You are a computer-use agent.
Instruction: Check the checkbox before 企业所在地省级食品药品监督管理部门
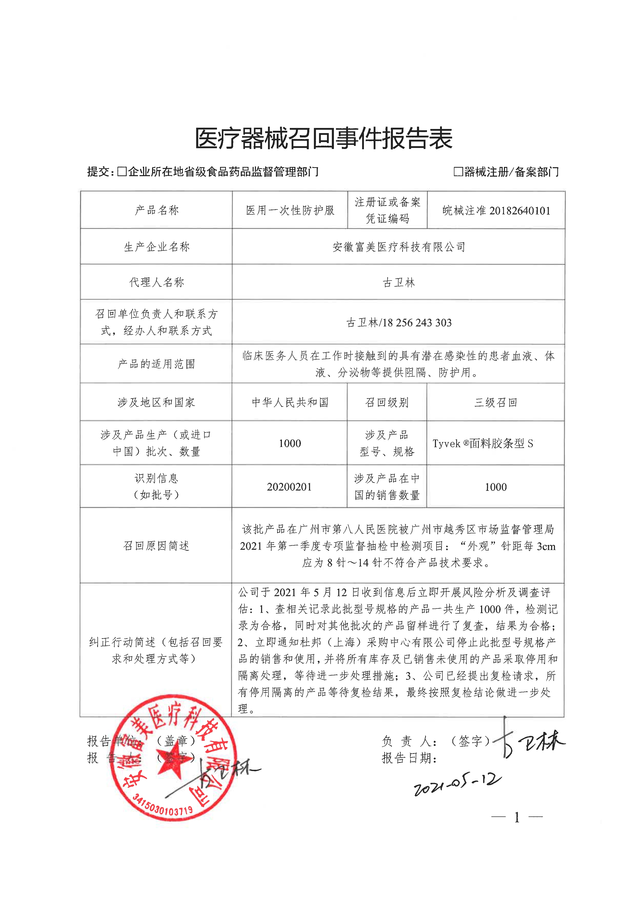[x=122, y=172]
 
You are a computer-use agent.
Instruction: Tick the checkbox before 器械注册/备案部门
[x=458, y=172]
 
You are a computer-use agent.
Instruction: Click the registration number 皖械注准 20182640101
[x=496, y=211]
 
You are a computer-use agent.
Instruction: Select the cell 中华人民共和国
[x=290, y=403]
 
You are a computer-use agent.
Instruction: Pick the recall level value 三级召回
[x=496, y=403]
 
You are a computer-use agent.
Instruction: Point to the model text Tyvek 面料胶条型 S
[x=483, y=444]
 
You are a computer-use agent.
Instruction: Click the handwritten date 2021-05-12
[x=458, y=784]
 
